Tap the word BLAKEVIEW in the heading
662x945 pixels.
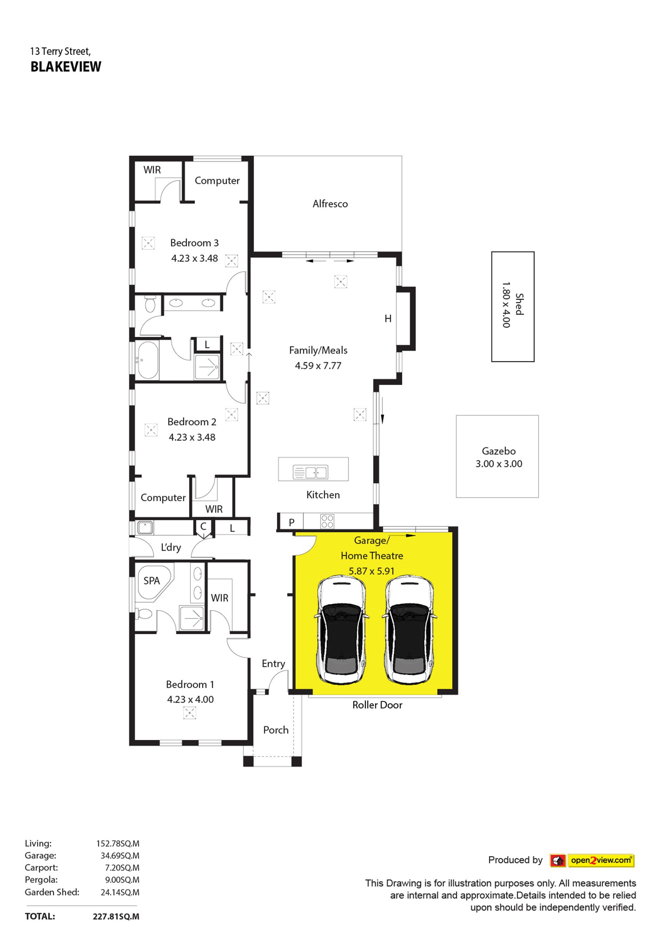tap(66, 67)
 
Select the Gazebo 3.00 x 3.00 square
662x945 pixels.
tap(497, 456)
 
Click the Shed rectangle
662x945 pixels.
tap(513, 306)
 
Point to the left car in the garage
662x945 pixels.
tap(341, 630)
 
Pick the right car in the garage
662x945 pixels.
tap(409, 630)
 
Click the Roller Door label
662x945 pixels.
tap(377, 705)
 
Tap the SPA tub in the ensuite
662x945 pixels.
tap(153, 582)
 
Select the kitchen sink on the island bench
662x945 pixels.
tap(310, 472)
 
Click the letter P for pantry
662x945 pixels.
tap(291, 522)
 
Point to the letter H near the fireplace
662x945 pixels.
tap(388, 319)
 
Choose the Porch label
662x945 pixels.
tap(275, 730)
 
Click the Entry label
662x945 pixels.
tap(273, 663)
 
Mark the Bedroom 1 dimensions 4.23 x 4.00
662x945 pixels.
tap(190, 699)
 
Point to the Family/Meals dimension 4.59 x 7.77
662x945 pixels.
tap(318, 365)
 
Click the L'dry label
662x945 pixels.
tap(171, 547)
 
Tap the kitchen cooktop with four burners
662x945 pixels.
tap(327, 521)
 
